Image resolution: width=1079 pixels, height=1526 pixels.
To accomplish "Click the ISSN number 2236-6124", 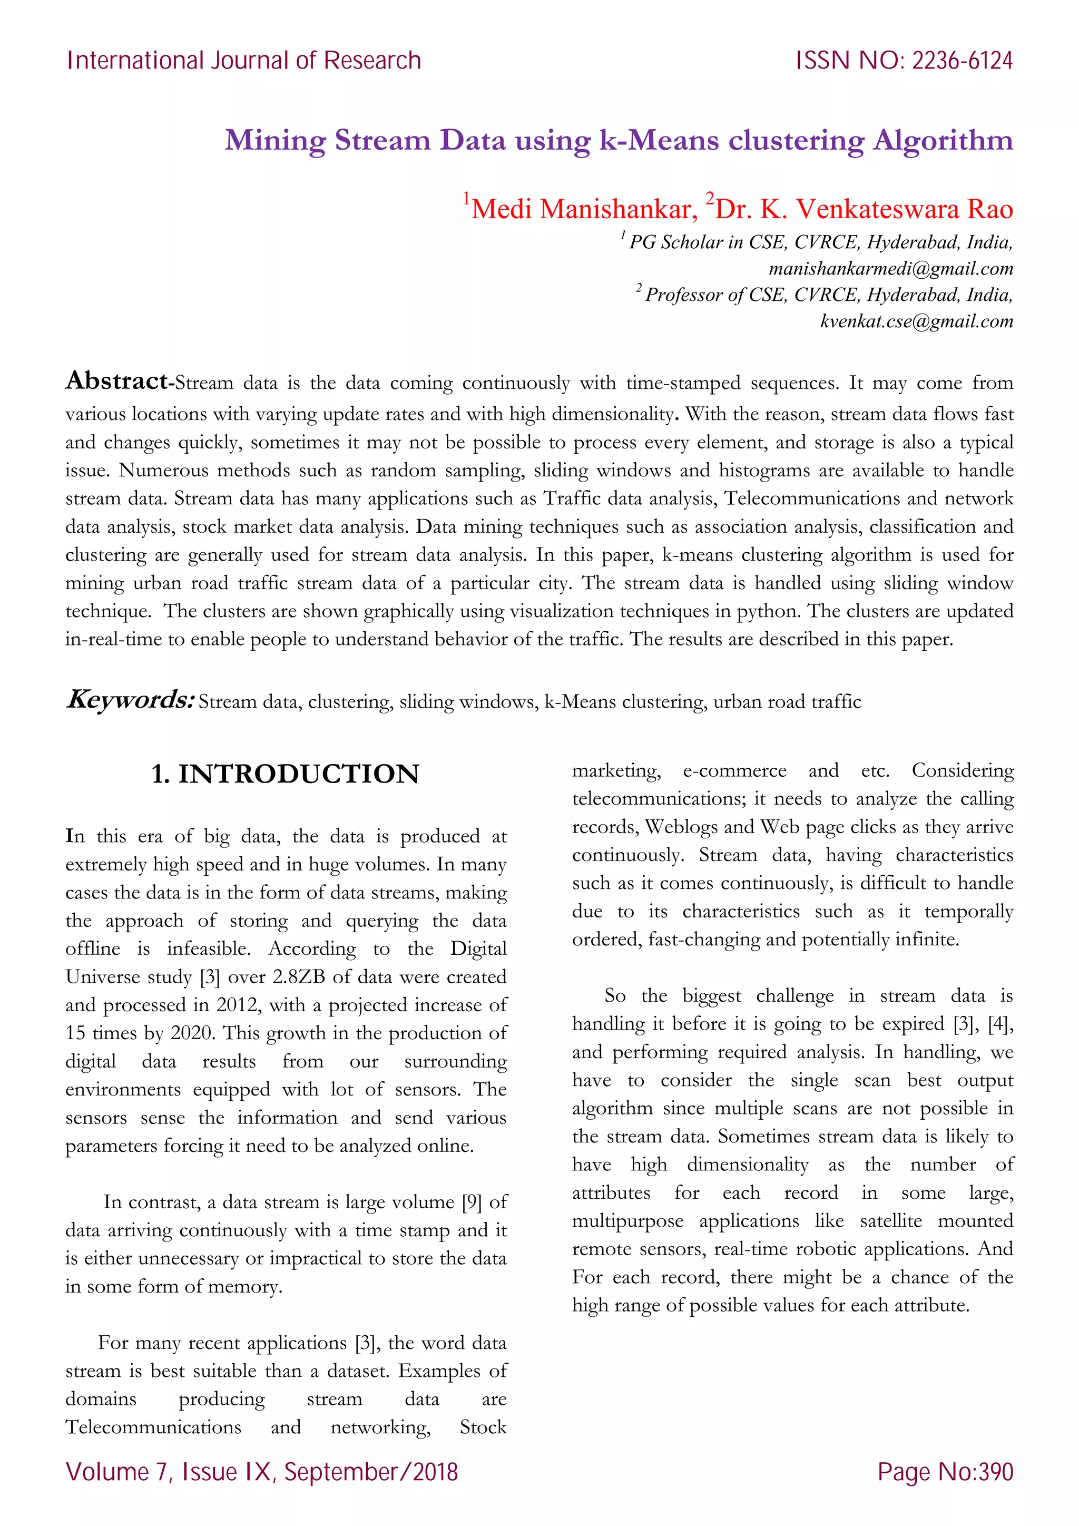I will (x=962, y=61).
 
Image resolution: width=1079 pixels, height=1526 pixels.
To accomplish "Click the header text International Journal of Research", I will (x=244, y=61).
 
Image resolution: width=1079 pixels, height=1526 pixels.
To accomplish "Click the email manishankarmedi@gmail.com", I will (x=890, y=269).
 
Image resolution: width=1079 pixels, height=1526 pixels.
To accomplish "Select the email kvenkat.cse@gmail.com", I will (x=916, y=321).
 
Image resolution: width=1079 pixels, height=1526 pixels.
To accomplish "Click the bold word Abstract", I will (x=117, y=381).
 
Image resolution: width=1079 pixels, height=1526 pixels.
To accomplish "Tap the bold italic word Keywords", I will (x=130, y=700).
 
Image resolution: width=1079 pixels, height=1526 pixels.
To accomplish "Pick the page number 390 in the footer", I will (x=995, y=1472).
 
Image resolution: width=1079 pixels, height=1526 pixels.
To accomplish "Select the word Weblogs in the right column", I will (x=682, y=827).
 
